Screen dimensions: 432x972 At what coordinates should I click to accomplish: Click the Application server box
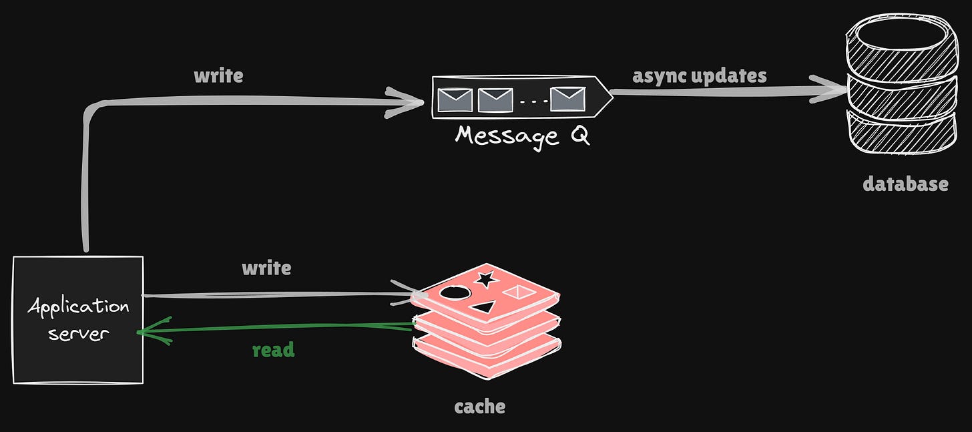point(78,319)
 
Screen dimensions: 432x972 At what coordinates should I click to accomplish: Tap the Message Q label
point(522,136)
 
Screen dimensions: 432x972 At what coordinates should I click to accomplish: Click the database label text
point(905,184)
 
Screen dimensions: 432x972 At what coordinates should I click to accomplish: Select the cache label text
point(479,406)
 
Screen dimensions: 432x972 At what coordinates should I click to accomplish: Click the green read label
point(273,350)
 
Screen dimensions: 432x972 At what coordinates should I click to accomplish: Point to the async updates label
point(699,75)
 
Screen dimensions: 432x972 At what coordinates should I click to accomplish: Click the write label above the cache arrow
point(266,268)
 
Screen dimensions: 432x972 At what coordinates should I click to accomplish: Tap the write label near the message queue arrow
point(218,75)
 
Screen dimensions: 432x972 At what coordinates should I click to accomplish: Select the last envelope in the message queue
point(567,99)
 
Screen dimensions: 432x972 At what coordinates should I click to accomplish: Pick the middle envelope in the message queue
point(494,99)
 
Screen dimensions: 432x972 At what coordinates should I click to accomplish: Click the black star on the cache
point(485,278)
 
